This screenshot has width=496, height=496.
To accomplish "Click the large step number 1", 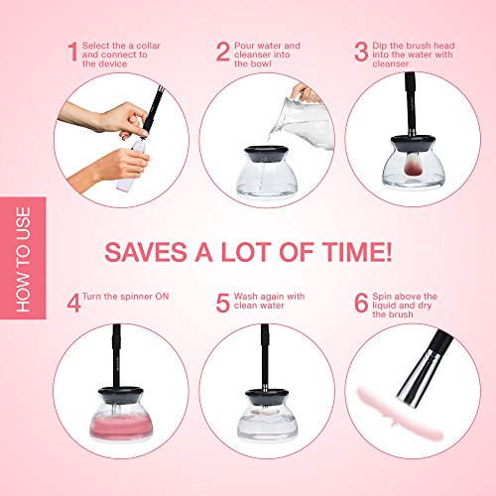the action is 73,52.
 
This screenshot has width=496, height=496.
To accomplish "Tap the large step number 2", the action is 223,52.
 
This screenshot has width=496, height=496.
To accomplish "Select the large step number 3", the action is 361,52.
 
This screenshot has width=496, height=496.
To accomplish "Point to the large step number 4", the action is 73,303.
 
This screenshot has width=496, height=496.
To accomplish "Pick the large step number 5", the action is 222,303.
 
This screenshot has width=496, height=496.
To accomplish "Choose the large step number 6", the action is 361,303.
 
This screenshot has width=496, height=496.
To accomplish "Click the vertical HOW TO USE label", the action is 23,259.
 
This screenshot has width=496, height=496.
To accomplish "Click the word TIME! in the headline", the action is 357,252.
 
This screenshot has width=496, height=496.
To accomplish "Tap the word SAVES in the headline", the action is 146,252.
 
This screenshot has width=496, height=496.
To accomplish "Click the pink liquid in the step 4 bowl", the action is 121,427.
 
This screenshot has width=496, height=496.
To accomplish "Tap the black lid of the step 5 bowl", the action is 266,396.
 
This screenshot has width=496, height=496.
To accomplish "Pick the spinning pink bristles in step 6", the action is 400,414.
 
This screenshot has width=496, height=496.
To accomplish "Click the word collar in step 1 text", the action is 149,46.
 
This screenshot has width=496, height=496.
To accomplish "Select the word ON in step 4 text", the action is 162,297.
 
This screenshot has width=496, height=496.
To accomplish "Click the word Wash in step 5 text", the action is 246,297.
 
